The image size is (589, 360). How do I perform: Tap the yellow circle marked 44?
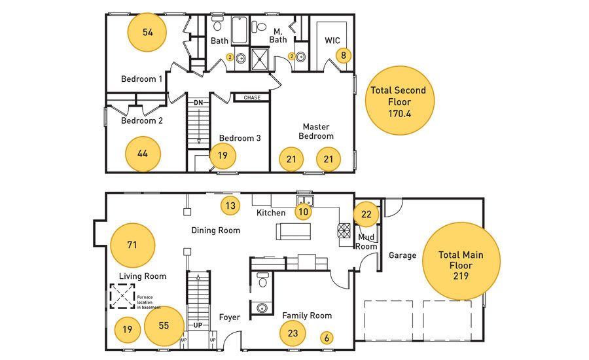coord(143,154)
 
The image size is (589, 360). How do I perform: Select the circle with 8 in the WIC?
coord(344,56)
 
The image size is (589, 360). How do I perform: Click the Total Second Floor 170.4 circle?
coord(400,101)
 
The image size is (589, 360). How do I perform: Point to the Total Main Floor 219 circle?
coord(461,261)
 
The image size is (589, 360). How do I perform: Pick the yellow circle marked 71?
coord(132,245)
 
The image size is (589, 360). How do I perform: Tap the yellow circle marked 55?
coord(164,326)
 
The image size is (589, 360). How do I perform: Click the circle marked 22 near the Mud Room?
coord(366,214)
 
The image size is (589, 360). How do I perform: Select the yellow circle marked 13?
coord(230,206)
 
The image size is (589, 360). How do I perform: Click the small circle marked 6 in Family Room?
coord(327,338)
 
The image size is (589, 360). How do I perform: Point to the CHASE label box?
coord(252,98)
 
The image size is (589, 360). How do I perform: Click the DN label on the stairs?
coord(198,103)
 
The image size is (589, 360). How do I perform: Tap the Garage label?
coord(402,255)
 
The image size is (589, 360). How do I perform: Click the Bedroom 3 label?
coord(240,138)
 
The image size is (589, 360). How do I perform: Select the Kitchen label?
coord(271,213)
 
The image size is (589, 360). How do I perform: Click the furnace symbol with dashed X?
coord(122,296)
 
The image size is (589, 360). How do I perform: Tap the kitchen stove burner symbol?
coord(344,231)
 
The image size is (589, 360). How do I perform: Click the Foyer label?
coord(230,317)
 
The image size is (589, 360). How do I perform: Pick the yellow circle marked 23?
coord(293,333)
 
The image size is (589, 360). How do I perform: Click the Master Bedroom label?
coord(316,132)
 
